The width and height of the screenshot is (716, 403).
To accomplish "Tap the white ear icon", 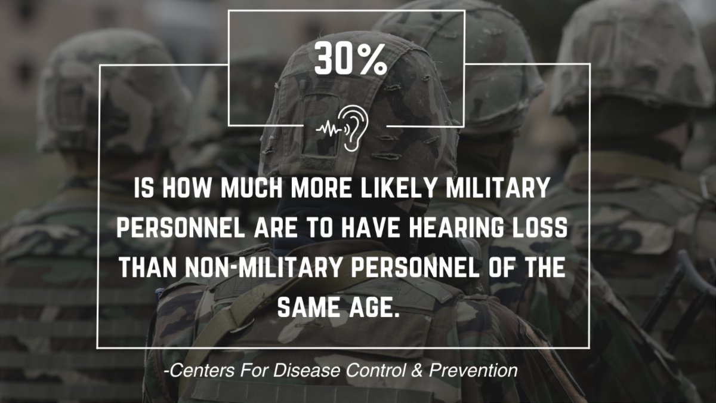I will click(354, 127).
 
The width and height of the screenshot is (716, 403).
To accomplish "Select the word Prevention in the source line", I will click(476, 371).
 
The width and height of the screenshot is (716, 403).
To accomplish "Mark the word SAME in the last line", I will click(308, 308).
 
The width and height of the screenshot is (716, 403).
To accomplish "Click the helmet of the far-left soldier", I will click(110, 90).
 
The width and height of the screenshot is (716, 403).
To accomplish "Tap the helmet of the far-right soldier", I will click(632, 60).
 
